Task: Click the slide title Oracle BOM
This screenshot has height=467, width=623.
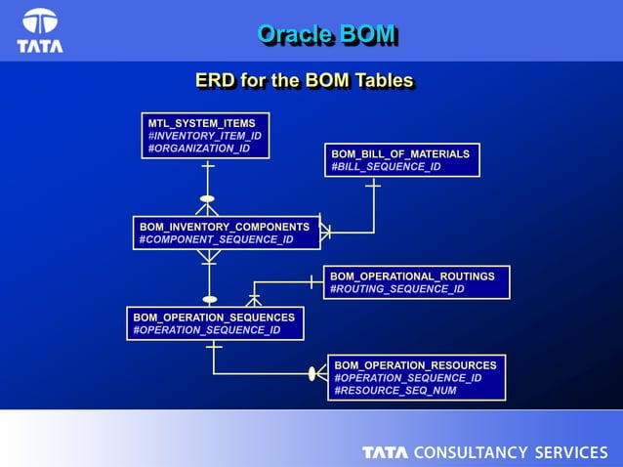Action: (x=326, y=34)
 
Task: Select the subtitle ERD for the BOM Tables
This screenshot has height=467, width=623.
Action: (x=304, y=80)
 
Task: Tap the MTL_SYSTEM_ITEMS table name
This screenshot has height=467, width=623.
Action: (x=201, y=123)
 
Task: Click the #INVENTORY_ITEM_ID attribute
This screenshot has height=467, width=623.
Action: (x=204, y=136)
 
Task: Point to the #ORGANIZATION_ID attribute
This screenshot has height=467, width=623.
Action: (x=198, y=149)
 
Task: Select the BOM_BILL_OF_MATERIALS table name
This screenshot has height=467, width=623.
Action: (x=400, y=154)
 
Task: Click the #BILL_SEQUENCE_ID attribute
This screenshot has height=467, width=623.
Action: (x=386, y=167)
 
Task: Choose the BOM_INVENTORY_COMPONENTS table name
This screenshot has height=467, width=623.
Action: (x=225, y=227)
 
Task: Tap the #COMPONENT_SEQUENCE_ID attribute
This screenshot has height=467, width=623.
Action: (x=216, y=239)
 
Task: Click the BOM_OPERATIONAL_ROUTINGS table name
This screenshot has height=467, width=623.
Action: (x=412, y=276)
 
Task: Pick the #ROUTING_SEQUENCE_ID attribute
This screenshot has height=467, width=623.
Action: (x=396, y=289)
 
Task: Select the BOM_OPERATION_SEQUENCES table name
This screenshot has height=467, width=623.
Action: (x=214, y=318)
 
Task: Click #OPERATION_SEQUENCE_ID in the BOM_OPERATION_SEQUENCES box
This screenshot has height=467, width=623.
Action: (x=207, y=330)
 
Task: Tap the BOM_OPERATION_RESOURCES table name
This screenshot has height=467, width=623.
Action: (x=415, y=365)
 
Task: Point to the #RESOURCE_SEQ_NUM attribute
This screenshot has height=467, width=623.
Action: (x=395, y=391)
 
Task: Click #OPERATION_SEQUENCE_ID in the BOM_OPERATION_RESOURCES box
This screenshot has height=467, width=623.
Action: (x=407, y=378)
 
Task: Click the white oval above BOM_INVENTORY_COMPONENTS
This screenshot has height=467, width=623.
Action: (x=207, y=199)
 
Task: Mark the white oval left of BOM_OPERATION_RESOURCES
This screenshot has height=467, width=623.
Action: (x=312, y=373)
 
